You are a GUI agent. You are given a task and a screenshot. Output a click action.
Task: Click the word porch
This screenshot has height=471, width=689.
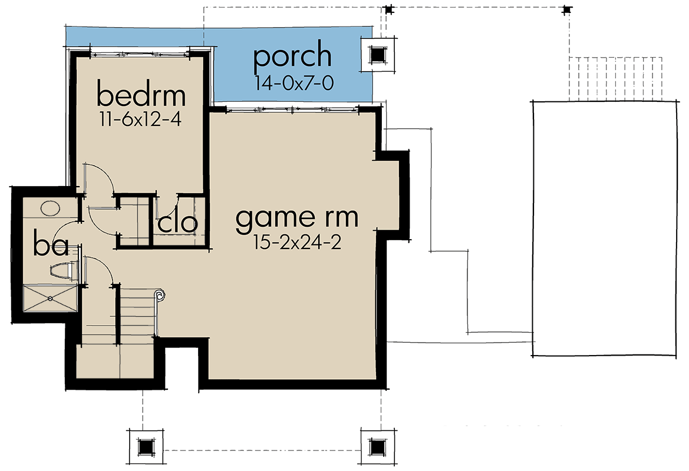292,57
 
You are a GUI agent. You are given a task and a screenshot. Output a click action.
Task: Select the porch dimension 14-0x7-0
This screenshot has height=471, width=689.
294,84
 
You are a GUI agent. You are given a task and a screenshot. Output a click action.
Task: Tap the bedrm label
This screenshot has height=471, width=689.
141,95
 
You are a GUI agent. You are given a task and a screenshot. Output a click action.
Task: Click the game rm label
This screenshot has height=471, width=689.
296,217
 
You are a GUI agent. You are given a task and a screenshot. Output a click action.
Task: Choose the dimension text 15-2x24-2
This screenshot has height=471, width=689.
298,243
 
